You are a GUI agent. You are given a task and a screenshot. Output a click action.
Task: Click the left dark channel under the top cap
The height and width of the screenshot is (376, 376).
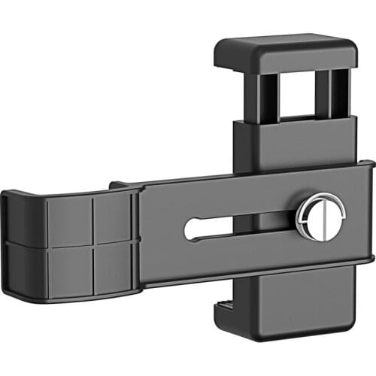[x=268, y=98]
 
